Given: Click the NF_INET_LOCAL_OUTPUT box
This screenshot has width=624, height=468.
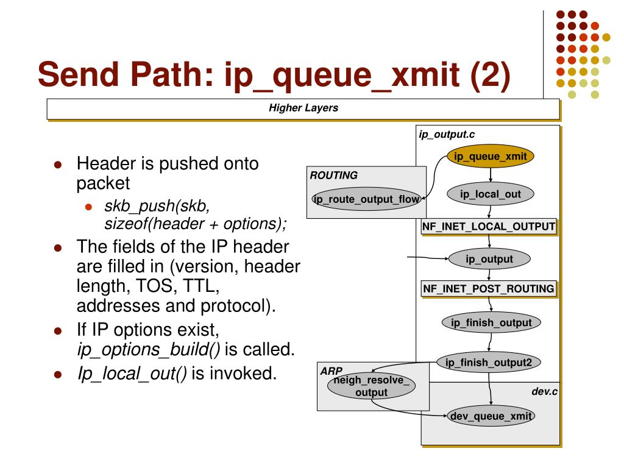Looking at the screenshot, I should [489, 227].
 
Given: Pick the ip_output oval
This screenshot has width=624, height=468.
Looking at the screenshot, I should [489, 259].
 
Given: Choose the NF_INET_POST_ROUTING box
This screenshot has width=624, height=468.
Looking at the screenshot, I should [489, 289].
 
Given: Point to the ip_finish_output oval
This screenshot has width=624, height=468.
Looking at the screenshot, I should [491, 322].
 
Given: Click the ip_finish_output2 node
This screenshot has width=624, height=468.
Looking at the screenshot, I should [489, 363].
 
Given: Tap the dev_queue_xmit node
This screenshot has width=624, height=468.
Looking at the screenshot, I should [490, 416].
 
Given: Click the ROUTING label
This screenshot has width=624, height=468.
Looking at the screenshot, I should [333, 175].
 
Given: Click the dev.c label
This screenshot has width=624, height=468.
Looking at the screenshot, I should [544, 391].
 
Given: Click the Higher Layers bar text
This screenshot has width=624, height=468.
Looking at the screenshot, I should [303, 108].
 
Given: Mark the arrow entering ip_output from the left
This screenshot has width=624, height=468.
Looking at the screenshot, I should [427, 258].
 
